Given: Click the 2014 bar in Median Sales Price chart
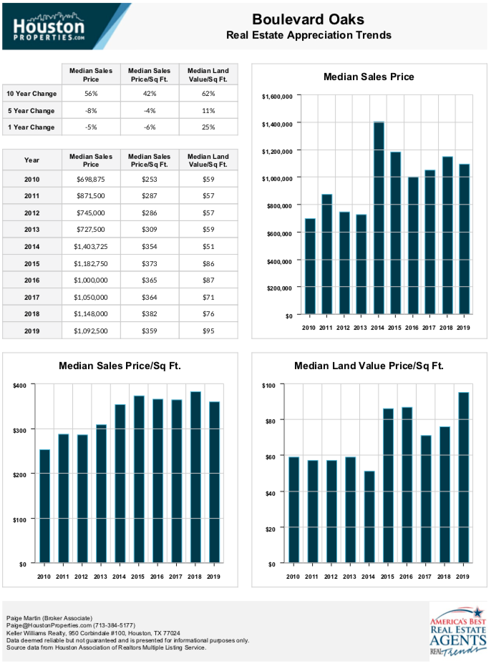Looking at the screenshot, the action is click(379, 218).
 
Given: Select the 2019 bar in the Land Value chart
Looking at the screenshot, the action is click(463, 477).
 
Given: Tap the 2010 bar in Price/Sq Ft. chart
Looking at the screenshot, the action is click(44, 506).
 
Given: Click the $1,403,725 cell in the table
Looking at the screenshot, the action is click(91, 246).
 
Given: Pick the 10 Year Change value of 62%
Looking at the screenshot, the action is click(208, 94).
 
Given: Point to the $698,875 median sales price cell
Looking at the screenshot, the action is click(91, 180).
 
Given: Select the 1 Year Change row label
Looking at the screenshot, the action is click(31, 127).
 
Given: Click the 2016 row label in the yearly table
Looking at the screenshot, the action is click(32, 280).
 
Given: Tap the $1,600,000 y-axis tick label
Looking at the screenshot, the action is click(277, 97).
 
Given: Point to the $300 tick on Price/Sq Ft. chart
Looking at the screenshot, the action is click(19, 430).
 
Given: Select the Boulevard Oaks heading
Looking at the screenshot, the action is click(308, 19).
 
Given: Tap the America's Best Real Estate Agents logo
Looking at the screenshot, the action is click(458, 631).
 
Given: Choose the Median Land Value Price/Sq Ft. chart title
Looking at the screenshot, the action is click(369, 366).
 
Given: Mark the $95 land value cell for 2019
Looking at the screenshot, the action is click(208, 331).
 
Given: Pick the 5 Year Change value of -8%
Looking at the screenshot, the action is click(91, 110).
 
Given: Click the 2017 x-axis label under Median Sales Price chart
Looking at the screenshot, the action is click(429, 328).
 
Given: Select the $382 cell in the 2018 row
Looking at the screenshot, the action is click(150, 314).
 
